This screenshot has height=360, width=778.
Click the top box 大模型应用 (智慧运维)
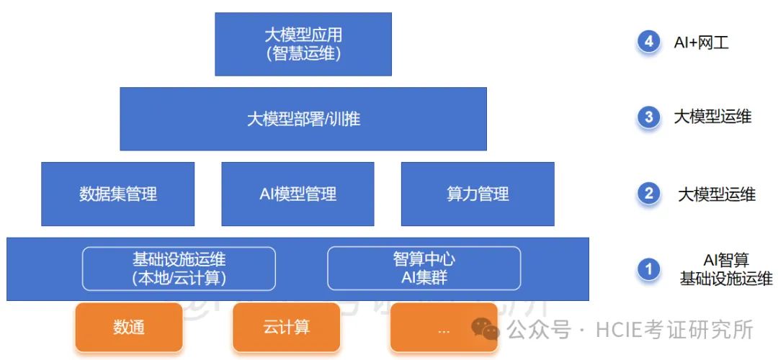303,44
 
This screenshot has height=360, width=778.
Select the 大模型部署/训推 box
303,119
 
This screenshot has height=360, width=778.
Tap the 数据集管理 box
118,194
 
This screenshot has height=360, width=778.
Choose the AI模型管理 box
298,194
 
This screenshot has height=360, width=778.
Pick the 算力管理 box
478,194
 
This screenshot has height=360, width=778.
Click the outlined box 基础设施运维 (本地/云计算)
179,268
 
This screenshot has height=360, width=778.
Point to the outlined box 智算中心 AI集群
424,268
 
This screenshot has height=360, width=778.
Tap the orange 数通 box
129,328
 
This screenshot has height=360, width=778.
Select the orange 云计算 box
286,328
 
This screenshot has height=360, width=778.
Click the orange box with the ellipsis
444,328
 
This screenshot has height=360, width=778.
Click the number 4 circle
649,42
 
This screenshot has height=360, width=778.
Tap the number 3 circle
649,117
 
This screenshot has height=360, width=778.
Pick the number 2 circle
649,193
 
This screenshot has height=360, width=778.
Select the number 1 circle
649,269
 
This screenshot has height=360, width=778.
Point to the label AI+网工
701,42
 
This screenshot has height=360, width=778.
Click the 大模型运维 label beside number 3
712,117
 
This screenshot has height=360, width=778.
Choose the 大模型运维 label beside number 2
717,194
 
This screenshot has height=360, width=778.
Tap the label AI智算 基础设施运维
726,269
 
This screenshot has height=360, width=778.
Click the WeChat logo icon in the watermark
486,330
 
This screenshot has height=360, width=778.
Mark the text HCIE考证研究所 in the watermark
674,330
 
